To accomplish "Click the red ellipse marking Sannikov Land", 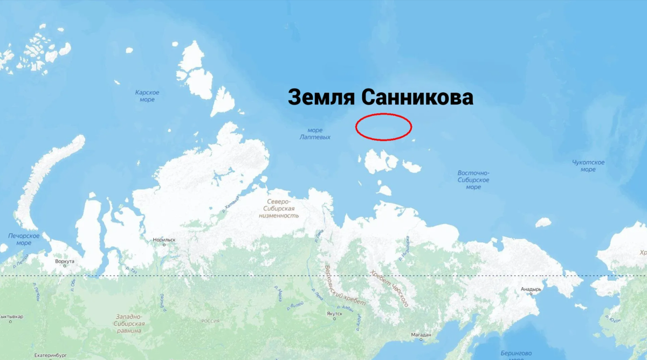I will pyautogui.click(x=384, y=127).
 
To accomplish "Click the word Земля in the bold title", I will pyautogui.click(x=320, y=98).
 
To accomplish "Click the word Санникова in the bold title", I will pyautogui.click(x=416, y=98).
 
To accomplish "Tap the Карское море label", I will pyautogui.click(x=147, y=96).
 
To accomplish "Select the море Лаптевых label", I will pyautogui.click(x=315, y=134).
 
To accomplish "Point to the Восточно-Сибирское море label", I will pyautogui.click(x=473, y=180).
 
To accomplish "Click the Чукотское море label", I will pyautogui.click(x=588, y=165).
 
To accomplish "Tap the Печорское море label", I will pyautogui.click(x=24, y=239).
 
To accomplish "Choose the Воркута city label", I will pyautogui.click(x=64, y=261).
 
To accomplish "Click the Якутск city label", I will pyautogui.click(x=334, y=314).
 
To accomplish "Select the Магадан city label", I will pyautogui.click(x=421, y=335).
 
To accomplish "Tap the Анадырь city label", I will pyautogui.click(x=531, y=289).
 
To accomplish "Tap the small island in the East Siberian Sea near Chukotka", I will pyautogui.click(x=543, y=222).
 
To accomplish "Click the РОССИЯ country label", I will pyautogui.click(x=210, y=321).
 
